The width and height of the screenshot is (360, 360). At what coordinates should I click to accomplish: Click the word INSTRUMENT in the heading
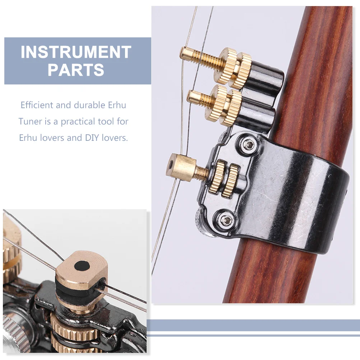(76, 52)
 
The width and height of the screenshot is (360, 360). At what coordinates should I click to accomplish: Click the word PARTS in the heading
(76, 70)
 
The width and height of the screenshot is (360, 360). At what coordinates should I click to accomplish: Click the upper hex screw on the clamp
(248, 144)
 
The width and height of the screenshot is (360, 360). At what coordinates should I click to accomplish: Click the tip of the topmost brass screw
(182, 53)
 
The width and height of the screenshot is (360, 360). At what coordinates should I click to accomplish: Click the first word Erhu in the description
(117, 105)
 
